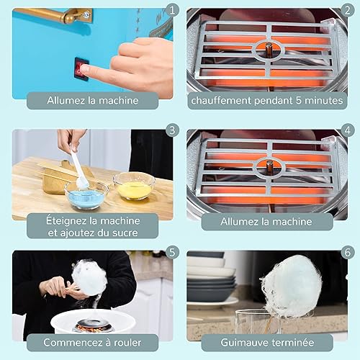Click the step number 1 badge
(x=172, y=10)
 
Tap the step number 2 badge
(x=347, y=10)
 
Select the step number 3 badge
(x=172, y=130)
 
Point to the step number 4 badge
(x=347, y=130)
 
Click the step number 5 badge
(x=172, y=252)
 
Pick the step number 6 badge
(x=347, y=252)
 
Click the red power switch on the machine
(x=81, y=68)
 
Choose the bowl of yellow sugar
(x=134, y=186)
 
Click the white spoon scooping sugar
(x=79, y=168)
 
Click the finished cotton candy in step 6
(x=293, y=286)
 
